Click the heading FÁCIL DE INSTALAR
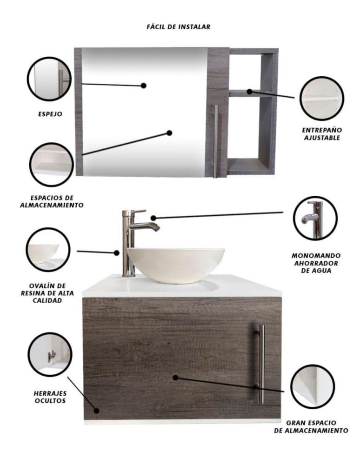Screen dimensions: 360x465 pyautogui.click(x=178, y=27)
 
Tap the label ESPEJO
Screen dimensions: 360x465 pyautogui.click(x=50, y=114)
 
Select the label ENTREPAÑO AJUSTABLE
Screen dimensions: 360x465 pyautogui.click(x=322, y=134)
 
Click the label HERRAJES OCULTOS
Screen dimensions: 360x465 pyautogui.click(x=50, y=397)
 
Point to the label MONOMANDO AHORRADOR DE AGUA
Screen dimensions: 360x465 pyautogui.click(x=316, y=263)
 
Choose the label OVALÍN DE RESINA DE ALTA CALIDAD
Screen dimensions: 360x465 pyautogui.click(x=47, y=293)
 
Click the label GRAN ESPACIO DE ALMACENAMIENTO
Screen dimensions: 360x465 pyautogui.click(x=311, y=426)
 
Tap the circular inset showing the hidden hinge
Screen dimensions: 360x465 pyautogui.click(x=50, y=354)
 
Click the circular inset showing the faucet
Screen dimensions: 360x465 pyautogui.click(x=315, y=218)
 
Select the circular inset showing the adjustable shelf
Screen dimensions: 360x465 pyautogui.click(x=322, y=98)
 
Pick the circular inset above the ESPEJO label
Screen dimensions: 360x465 pyautogui.click(x=49, y=79)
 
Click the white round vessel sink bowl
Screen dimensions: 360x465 pyautogui.click(x=175, y=266)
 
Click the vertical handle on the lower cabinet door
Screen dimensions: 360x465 pyautogui.click(x=261, y=364)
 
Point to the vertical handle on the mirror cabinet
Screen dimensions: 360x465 pyautogui.click(x=216, y=141)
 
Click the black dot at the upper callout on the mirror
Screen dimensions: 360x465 pyautogui.click(x=144, y=86)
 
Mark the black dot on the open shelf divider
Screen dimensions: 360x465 pyautogui.click(x=250, y=92)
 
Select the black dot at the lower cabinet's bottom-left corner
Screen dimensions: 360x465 pyautogui.click(x=96, y=411)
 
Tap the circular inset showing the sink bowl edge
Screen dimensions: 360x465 pyautogui.click(x=48, y=249)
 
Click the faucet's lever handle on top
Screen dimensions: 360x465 pyautogui.click(x=139, y=212)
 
